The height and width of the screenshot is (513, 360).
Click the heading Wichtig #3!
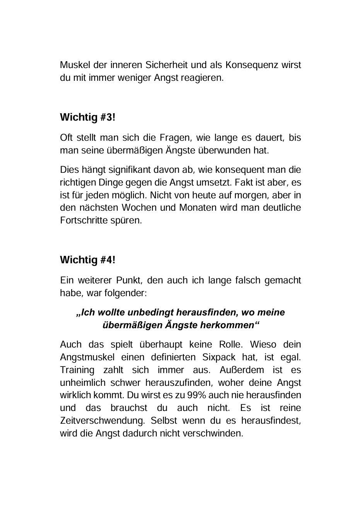[x=87, y=117]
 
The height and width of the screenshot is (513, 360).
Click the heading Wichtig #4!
[x=87, y=260]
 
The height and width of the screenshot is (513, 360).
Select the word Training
[x=77, y=370]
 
